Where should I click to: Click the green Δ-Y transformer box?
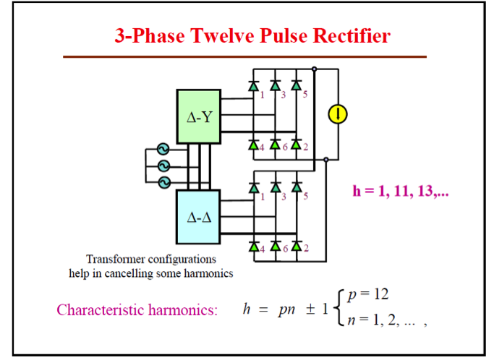click(199, 117)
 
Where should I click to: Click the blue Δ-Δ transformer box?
click(199, 217)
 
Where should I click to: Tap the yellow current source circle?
click(337, 113)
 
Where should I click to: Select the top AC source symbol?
click(163, 150)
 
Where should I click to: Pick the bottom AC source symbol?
click(163, 181)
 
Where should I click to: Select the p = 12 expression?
click(368, 294)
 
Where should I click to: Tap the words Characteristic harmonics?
click(137, 310)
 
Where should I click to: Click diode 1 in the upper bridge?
click(254, 85)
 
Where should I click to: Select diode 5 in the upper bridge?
click(296, 85)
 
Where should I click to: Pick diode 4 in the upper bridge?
click(254, 145)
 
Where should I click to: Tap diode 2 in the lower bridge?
click(296, 247)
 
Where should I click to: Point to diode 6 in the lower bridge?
click(275, 247)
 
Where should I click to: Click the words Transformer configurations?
click(150, 259)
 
